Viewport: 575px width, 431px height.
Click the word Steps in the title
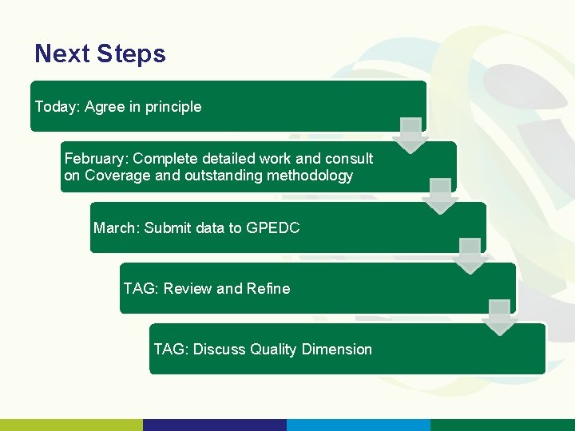(x=131, y=54)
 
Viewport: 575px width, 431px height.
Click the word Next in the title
(x=62, y=54)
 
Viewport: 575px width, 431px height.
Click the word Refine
(x=268, y=289)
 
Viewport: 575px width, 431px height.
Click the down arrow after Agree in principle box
(x=410, y=135)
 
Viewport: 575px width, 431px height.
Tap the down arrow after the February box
(x=440, y=196)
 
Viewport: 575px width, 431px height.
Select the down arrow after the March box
(x=470, y=256)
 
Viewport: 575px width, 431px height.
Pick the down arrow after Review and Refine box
(x=500, y=317)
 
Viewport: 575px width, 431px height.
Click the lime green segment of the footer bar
(x=72, y=425)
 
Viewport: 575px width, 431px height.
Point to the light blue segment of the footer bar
(x=359, y=425)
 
